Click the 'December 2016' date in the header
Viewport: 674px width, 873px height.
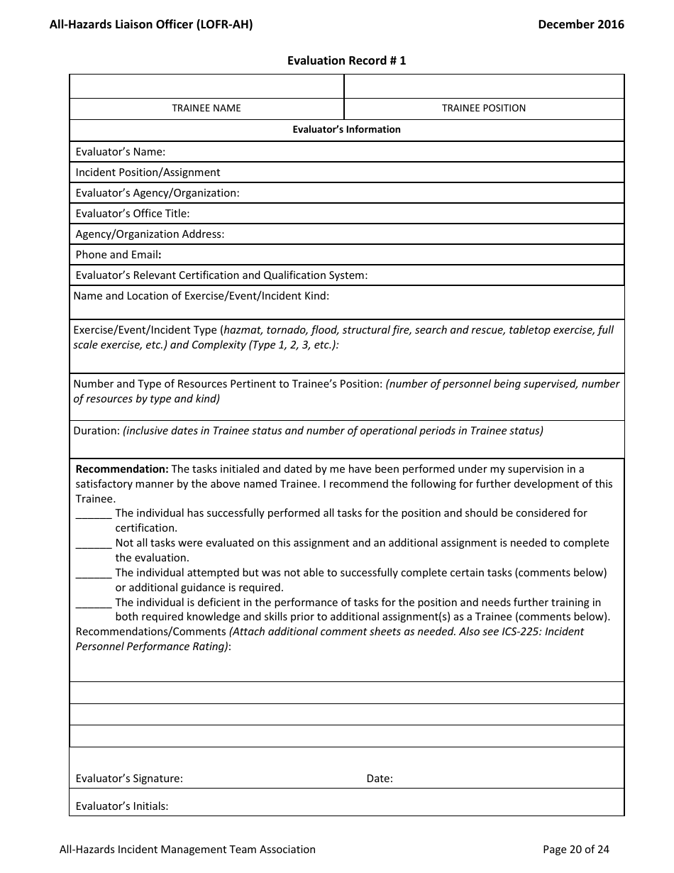[x=580, y=24]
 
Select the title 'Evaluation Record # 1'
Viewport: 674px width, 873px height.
[x=346, y=60]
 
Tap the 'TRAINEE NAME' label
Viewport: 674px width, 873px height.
[x=206, y=108]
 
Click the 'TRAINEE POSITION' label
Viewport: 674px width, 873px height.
[x=484, y=108]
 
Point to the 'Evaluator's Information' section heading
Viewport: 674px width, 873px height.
[x=346, y=129]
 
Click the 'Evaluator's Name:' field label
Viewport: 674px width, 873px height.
[x=121, y=152]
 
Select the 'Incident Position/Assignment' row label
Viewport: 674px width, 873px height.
[x=148, y=172]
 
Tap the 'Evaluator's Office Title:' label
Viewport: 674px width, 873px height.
[x=133, y=214]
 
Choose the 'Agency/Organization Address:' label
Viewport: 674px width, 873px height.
[x=150, y=234]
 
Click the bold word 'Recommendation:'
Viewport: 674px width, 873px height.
[x=122, y=469]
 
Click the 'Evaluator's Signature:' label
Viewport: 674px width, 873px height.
[x=129, y=779]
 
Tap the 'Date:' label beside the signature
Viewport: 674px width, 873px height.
[x=380, y=779]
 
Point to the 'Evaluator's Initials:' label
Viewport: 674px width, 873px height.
[x=122, y=806]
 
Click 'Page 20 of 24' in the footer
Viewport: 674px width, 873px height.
[x=575, y=849]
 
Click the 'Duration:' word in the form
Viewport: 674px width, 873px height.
[x=96, y=431]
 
